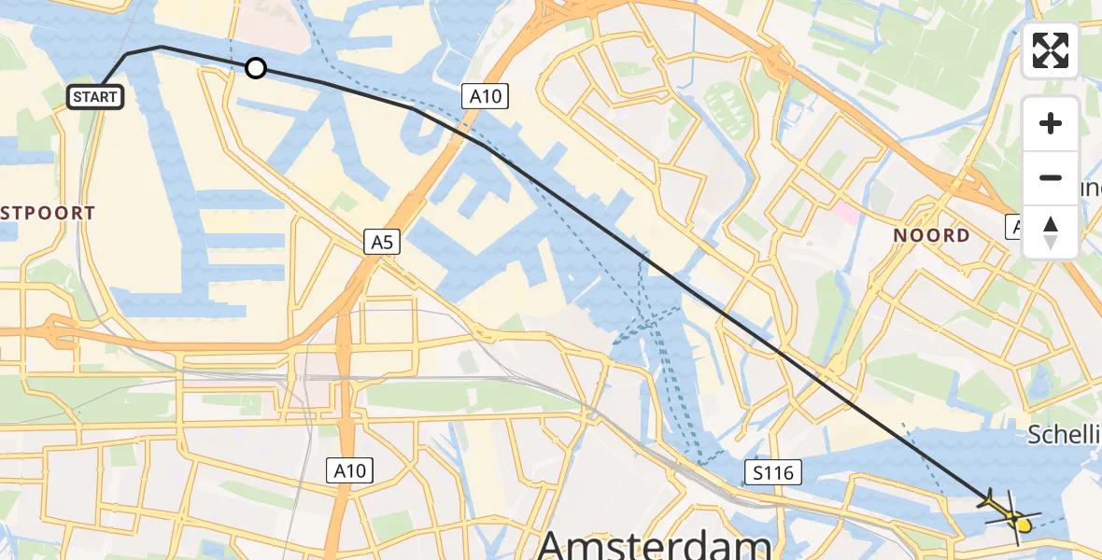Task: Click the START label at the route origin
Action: [95, 96]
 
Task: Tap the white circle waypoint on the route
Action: [255, 68]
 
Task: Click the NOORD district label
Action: [931, 235]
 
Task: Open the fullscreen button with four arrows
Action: [1051, 50]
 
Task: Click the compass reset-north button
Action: [1051, 232]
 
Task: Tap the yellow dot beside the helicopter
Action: [1024, 525]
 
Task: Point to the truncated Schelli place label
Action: [1065, 434]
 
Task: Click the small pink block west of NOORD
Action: [847, 212]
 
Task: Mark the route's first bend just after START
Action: [128, 54]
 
